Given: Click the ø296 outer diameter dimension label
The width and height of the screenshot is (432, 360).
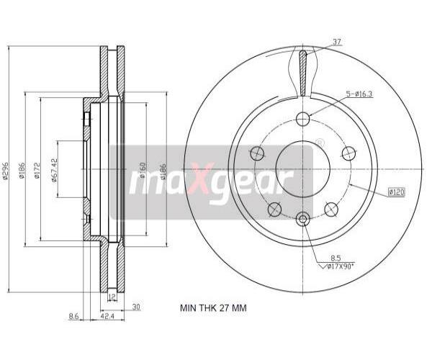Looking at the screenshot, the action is [6, 171].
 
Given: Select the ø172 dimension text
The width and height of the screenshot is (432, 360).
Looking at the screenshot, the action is [37, 171].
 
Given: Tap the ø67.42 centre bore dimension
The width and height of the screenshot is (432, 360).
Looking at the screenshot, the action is [54, 170].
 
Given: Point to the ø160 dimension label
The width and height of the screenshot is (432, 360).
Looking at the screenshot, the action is [143, 170].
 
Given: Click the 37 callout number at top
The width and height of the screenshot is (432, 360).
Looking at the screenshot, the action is [337, 42].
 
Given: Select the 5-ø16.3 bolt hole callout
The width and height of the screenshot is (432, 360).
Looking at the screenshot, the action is [359, 94].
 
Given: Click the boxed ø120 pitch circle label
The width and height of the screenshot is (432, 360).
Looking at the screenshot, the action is [397, 192].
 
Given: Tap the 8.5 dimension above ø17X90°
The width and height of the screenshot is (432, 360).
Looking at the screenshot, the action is [336, 258].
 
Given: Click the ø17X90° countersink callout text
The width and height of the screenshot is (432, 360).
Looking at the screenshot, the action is [339, 266].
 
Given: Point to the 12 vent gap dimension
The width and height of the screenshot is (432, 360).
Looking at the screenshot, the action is [112, 297].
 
